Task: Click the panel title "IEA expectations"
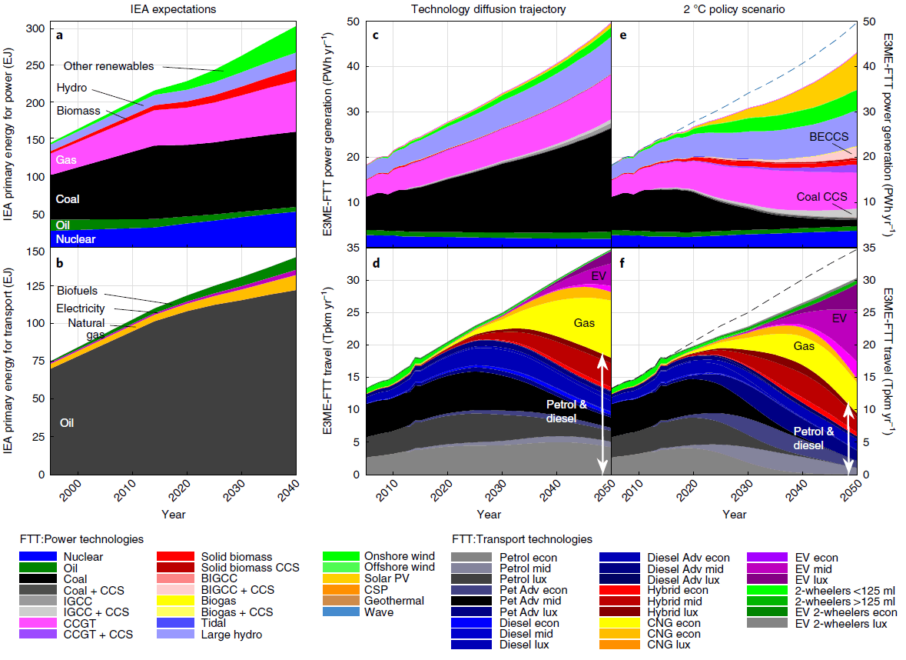pyautogui.click(x=172, y=9)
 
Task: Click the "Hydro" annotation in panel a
pyautogui.click(x=71, y=88)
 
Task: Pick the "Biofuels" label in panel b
pyautogui.click(x=78, y=291)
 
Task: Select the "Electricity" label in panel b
pyautogui.click(x=81, y=308)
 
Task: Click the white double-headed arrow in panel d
pyautogui.click(x=603, y=415)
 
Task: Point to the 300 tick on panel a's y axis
pyautogui.click(x=35, y=29)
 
